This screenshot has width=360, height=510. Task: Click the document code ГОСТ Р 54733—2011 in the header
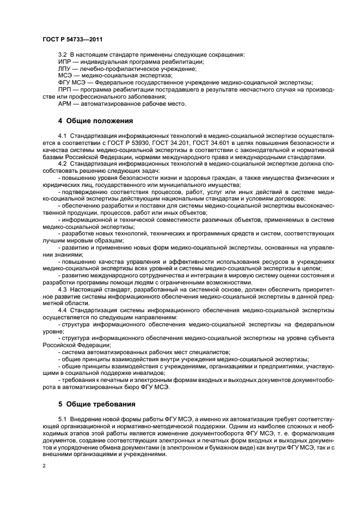tap(71, 40)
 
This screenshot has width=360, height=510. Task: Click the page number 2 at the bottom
tap(44, 466)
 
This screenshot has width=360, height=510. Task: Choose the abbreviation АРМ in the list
tap(65, 104)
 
